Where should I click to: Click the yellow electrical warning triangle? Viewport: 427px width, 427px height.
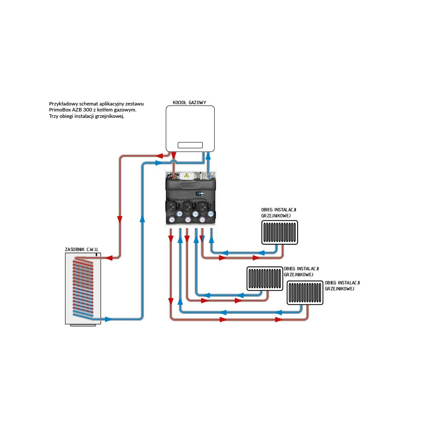[186, 175]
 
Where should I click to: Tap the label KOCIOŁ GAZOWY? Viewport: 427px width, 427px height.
[190, 102]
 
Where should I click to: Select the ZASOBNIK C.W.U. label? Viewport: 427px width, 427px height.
[82, 249]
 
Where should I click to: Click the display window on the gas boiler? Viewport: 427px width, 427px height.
[190, 144]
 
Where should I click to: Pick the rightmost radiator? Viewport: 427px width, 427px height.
[305, 293]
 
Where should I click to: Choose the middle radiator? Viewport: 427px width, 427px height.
[265, 279]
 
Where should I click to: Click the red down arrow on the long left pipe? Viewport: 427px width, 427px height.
[120, 219]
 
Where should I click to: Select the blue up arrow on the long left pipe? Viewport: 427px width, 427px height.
[142, 219]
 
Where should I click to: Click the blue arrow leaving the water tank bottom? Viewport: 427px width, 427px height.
[108, 319]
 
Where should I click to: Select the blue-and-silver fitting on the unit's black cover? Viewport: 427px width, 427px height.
[201, 193]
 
